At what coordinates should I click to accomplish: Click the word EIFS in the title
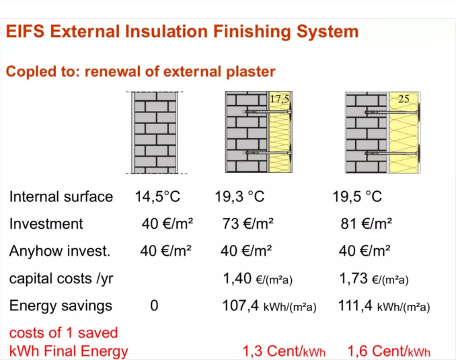pyautogui.click(x=25, y=31)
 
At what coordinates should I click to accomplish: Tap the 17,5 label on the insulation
pyautogui.click(x=280, y=99)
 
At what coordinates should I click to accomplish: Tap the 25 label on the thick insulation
pyautogui.click(x=404, y=99)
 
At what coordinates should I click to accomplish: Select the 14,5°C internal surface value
pyautogui.click(x=157, y=196)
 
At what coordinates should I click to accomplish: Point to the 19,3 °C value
pyautogui.click(x=239, y=196)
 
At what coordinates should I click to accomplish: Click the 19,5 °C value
pyautogui.click(x=357, y=196)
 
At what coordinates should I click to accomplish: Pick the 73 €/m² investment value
pyautogui.click(x=248, y=224)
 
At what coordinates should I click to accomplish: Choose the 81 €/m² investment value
pyautogui.click(x=366, y=224)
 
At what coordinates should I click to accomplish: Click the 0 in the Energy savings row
pyautogui.click(x=154, y=306)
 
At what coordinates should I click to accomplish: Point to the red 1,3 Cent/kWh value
pyautogui.click(x=284, y=351)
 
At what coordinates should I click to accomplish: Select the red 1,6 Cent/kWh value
pyautogui.click(x=389, y=351)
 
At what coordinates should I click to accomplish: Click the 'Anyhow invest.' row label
pyautogui.click(x=60, y=251)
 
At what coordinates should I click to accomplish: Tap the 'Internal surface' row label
pyautogui.click(x=61, y=196)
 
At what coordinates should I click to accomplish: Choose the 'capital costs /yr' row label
pyautogui.click(x=61, y=279)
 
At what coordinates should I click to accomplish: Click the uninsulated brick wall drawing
pyautogui.click(x=156, y=133)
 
